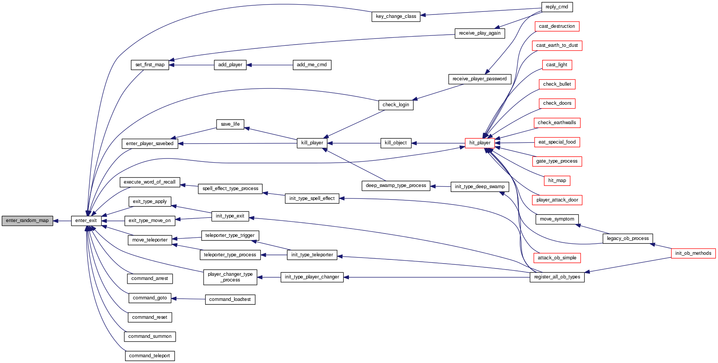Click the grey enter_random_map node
[27, 221]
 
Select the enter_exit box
[86, 221]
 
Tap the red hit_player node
[480, 143]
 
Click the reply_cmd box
[557, 7]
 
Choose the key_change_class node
[396, 16]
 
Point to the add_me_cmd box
[312, 65]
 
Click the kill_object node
[395, 143]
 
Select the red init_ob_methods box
[693, 253]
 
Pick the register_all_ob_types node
[557, 277]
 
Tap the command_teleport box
[149, 356]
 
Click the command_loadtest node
[230, 299]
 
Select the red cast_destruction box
[557, 26]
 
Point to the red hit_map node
[557, 181]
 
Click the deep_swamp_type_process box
[396, 186]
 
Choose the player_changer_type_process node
[230, 277]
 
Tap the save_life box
[230, 124]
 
